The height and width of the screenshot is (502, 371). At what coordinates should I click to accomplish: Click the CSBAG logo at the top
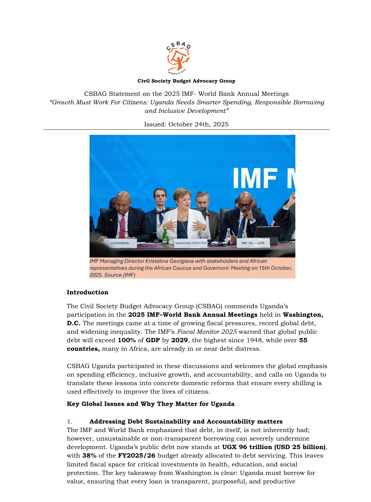[178, 58]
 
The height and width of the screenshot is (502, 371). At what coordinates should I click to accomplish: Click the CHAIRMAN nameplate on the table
[120, 243]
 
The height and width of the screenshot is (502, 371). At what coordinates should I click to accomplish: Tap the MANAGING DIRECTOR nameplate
[191, 243]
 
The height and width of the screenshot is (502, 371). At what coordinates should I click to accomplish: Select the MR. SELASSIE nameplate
[253, 243]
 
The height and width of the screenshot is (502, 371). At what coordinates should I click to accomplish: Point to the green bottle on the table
[165, 236]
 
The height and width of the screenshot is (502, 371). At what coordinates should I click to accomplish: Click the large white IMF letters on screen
[255, 178]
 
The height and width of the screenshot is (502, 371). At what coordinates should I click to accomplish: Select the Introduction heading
[87, 292]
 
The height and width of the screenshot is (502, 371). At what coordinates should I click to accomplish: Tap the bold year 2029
[179, 340]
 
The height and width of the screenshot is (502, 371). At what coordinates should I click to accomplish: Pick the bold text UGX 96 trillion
[247, 447]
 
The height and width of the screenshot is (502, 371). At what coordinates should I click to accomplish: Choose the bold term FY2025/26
[136, 455]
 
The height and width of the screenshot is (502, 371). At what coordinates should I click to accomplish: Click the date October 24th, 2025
[198, 124]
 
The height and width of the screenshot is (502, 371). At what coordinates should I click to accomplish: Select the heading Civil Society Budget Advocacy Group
[186, 81]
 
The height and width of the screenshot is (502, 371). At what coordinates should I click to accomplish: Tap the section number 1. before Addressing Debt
[70, 421]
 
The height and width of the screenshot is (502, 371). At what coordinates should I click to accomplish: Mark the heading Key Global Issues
[150, 404]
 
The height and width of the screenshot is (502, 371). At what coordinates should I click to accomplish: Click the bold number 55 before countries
[303, 340]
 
